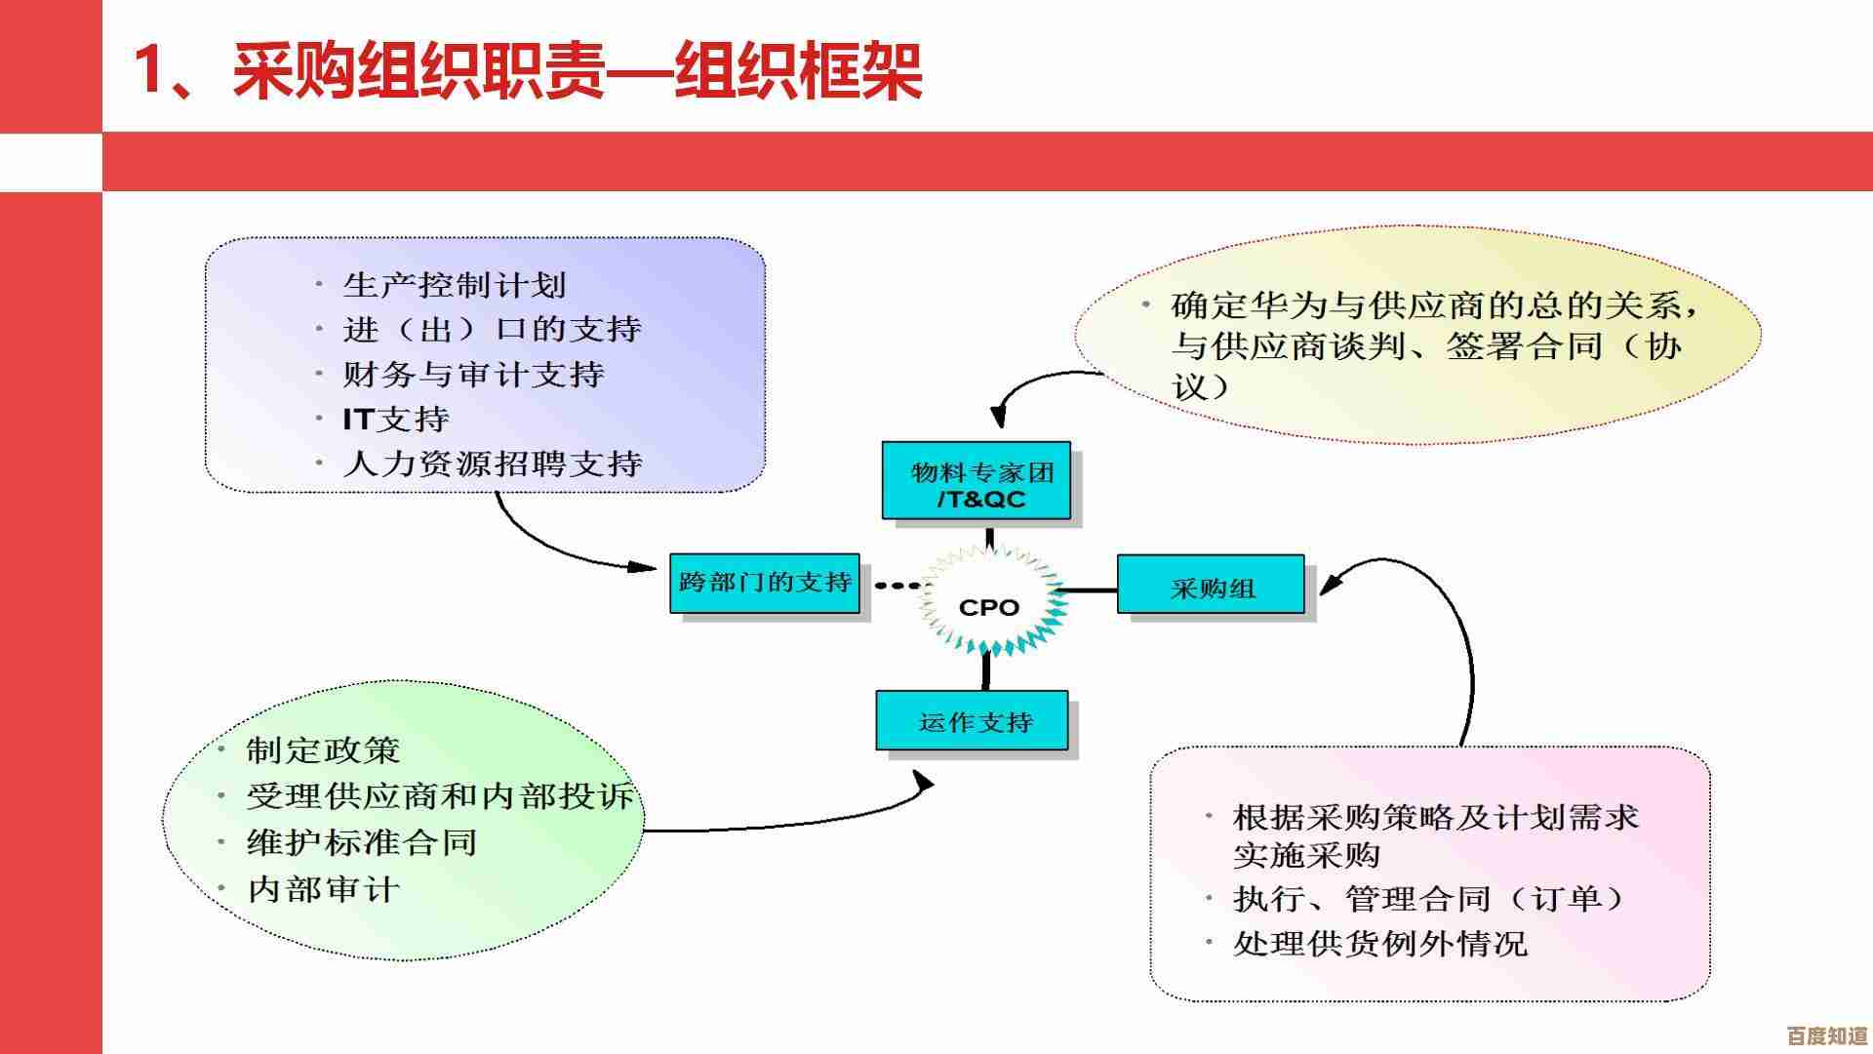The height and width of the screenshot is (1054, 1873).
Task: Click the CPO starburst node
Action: tap(989, 607)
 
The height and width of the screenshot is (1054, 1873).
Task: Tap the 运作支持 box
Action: tap(973, 721)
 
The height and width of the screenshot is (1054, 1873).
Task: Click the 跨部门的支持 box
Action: tap(765, 584)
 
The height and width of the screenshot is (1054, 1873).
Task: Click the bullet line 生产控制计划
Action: tap(454, 285)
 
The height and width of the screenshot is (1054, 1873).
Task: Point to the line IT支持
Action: tap(395, 419)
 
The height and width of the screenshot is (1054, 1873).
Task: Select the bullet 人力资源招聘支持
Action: tap(492, 463)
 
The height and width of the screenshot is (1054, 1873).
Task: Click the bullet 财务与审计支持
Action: tap(473, 374)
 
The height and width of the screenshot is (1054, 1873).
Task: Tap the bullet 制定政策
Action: tap(323, 750)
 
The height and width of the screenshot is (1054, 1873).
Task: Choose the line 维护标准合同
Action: tap(362, 841)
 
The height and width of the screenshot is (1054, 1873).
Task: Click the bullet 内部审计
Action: tap(323, 888)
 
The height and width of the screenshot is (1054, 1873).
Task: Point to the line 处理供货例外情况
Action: tap(1379, 943)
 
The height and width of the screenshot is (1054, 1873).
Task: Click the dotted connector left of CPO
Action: tap(897, 586)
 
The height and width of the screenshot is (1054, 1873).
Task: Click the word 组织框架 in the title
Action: tap(798, 70)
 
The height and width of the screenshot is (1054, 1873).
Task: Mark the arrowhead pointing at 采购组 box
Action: tap(1331, 583)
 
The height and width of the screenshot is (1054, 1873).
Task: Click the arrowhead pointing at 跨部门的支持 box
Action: tap(642, 566)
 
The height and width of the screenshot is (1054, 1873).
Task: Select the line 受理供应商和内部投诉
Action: tap(440, 795)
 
